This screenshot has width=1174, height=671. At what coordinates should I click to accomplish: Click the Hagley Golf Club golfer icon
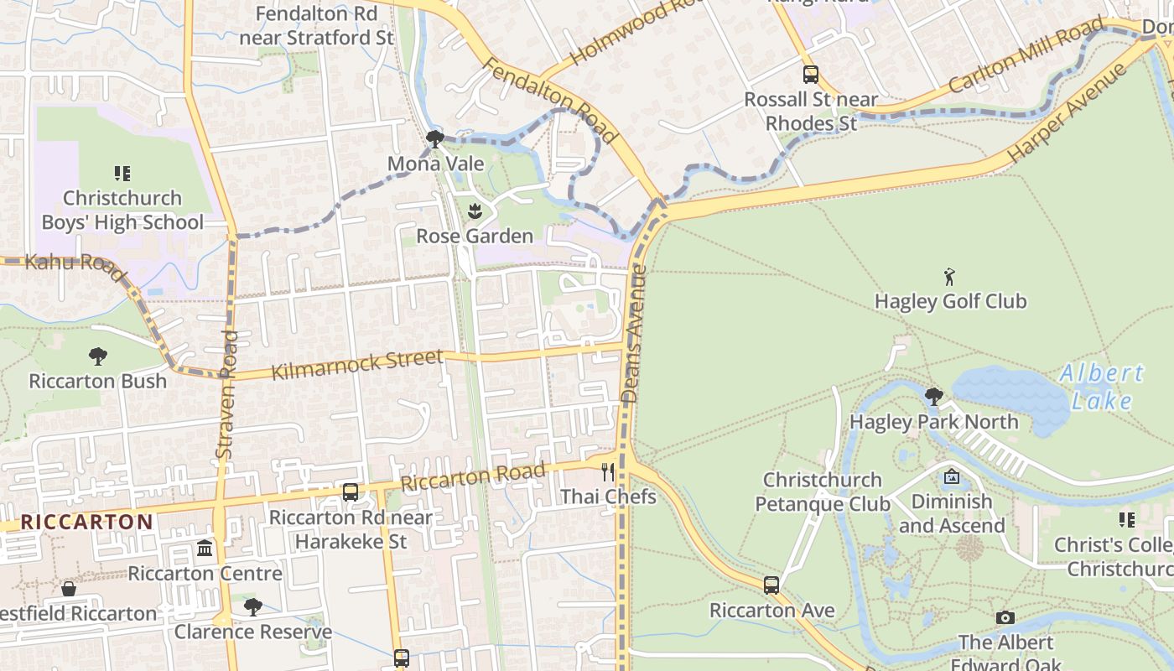tap(949, 277)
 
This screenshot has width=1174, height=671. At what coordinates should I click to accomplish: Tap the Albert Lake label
tap(1101, 387)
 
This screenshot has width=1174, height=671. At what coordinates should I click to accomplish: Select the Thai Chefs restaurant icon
tap(608, 472)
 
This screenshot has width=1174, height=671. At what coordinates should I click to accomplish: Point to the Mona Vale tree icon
tap(434, 138)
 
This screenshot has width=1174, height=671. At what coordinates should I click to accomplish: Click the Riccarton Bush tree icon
tap(98, 356)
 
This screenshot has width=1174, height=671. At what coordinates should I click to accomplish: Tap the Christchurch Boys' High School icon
tap(122, 174)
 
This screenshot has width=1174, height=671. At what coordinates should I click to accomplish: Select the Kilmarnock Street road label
tap(357, 365)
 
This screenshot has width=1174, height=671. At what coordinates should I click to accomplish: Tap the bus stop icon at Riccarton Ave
tap(771, 585)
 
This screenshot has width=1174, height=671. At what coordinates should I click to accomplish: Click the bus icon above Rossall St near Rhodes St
tap(810, 75)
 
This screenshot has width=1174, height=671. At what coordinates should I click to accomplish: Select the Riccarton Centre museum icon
tap(205, 549)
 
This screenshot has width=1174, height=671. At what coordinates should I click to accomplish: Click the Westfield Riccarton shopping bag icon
tap(69, 589)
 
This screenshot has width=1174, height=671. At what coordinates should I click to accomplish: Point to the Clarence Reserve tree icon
tap(252, 606)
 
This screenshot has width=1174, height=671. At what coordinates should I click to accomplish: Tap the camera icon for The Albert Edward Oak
tap(1005, 618)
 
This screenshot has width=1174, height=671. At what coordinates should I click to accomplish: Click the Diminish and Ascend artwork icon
tap(951, 476)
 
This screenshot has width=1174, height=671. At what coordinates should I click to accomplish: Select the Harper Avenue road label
tap(1066, 113)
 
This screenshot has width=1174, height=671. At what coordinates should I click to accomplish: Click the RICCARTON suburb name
tap(87, 522)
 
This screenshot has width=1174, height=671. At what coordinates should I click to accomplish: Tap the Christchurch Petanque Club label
tap(822, 492)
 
